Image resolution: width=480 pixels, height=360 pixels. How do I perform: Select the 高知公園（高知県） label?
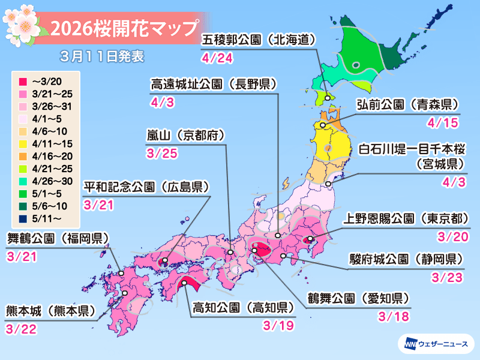[243, 308]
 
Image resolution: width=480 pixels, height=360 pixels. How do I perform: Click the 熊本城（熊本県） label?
[52, 311]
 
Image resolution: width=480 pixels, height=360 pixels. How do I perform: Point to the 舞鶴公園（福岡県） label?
[58, 238]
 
